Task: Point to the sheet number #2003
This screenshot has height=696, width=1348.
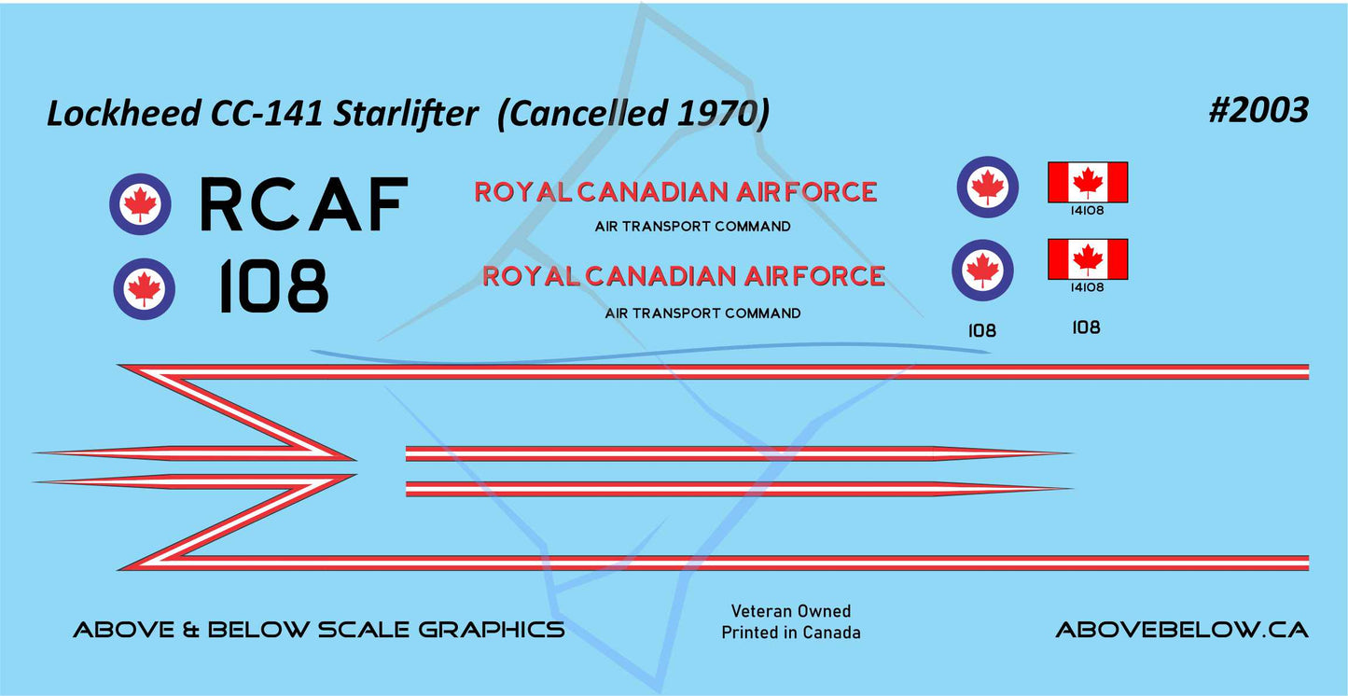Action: click(1258, 110)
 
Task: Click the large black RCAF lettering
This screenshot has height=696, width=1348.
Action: click(304, 205)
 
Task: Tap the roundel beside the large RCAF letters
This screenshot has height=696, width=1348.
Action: click(140, 203)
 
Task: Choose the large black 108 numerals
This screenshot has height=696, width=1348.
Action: click(272, 287)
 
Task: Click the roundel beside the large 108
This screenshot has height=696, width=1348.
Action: click(144, 288)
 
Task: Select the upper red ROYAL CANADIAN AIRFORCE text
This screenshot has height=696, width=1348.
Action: click(675, 192)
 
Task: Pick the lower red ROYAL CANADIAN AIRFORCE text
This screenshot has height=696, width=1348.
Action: click(684, 276)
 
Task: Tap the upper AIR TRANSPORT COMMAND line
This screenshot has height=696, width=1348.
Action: click(692, 227)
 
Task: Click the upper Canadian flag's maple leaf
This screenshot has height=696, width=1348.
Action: click(1088, 181)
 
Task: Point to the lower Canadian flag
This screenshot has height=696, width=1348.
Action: click(1088, 258)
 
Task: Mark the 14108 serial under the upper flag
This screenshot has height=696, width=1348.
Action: click(1088, 211)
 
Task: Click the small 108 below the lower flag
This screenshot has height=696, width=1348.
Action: click(1086, 327)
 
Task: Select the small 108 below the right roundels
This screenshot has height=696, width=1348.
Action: click(982, 330)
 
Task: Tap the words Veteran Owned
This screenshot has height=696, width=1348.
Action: click(790, 611)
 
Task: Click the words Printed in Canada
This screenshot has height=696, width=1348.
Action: click(790, 633)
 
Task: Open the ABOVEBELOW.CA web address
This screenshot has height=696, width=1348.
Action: click(1181, 630)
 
